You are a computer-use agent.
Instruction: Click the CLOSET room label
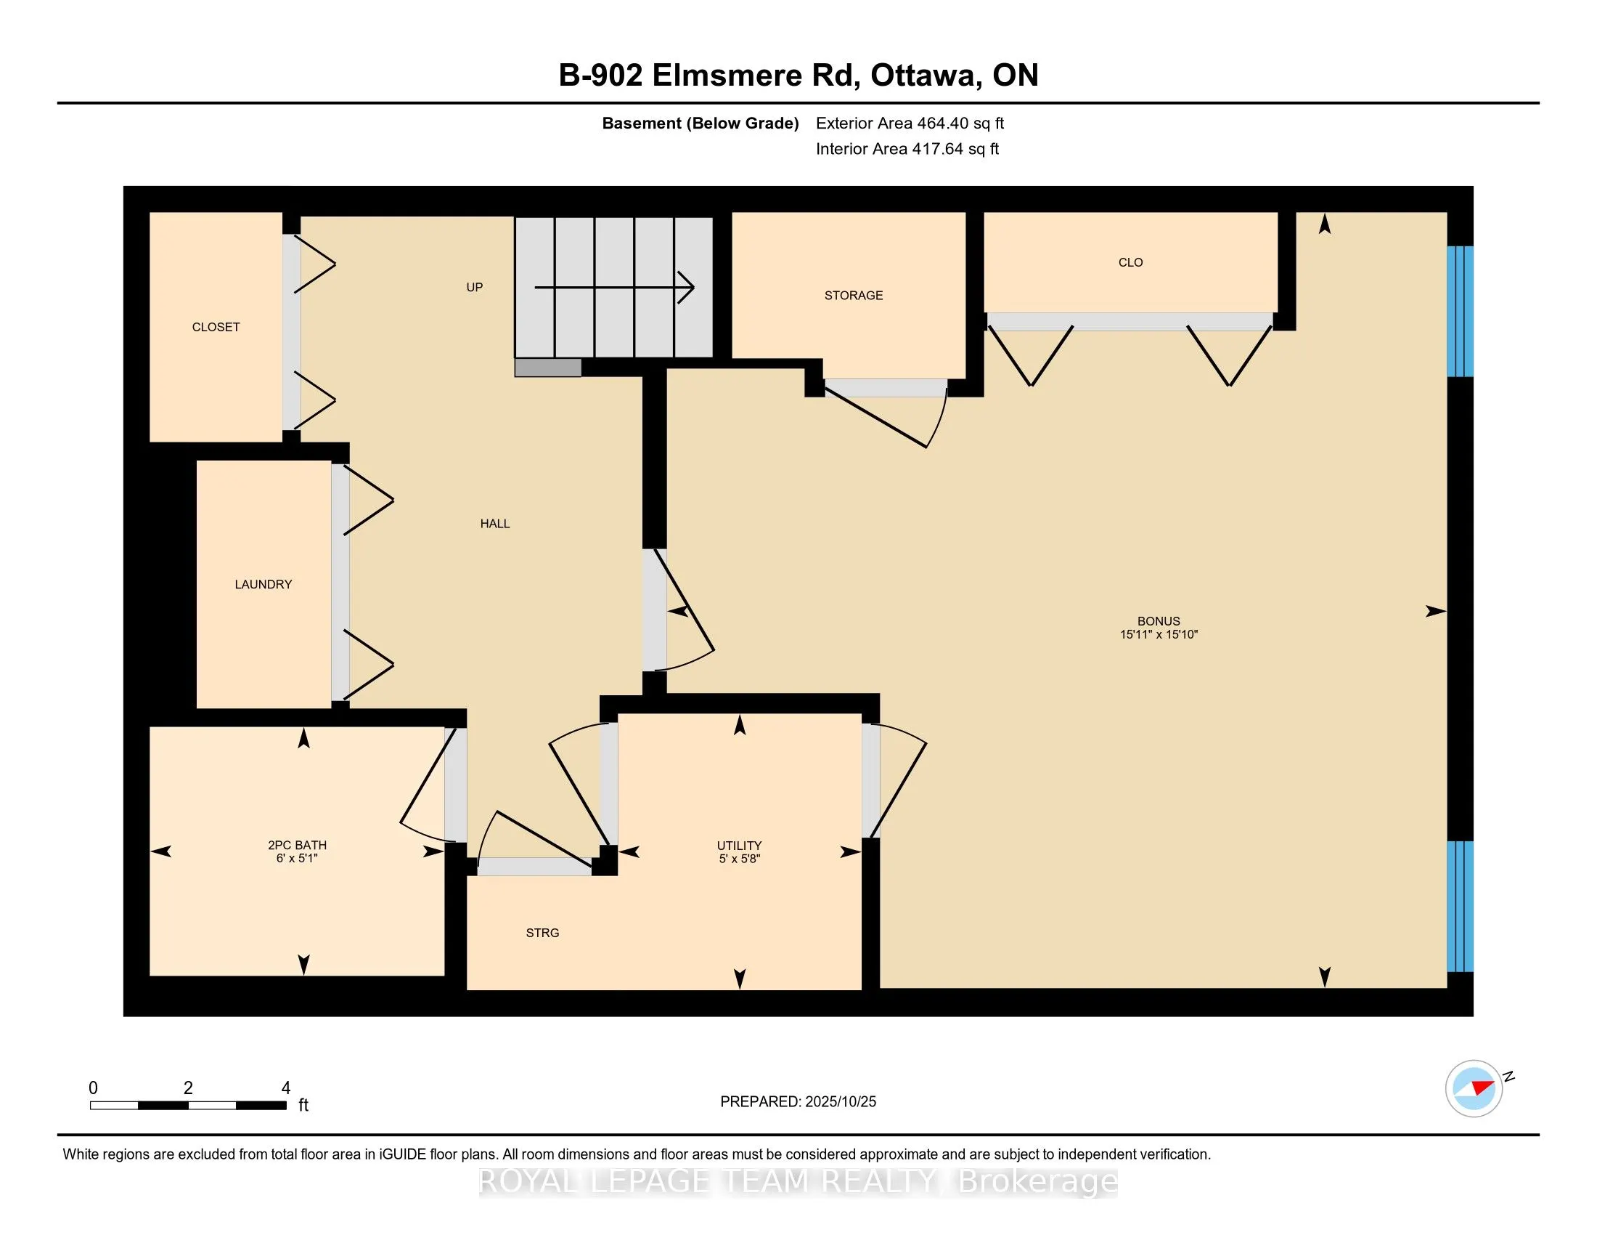pyautogui.click(x=216, y=327)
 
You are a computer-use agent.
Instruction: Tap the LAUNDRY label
pyautogui.click(x=264, y=584)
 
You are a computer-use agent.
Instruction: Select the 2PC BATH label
pyautogui.click(x=297, y=845)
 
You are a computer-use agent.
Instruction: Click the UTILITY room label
pyautogui.click(x=739, y=845)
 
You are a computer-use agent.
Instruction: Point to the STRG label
pyautogui.click(x=542, y=933)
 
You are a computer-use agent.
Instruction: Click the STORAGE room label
pyautogui.click(x=854, y=296)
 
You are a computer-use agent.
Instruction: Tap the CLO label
pyautogui.click(x=1130, y=263)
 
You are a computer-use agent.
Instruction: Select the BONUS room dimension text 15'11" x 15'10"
pyautogui.click(x=1159, y=634)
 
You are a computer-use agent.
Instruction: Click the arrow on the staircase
pyautogui.click(x=614, y=287)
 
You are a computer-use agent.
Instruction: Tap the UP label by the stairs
pyautogui.click(x=475, y=288)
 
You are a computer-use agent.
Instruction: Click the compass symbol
pyautogui.click(x=1474, y=1088)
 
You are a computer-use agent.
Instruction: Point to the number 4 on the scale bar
pyautogui.click(x=286, y=1088)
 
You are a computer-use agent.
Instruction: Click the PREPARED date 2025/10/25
pyautogui.click(x=839, y=1102)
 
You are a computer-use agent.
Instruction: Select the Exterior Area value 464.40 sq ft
pyautogui.click(x=961, y=123)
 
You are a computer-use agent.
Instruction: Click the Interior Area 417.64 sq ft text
pyautogui.click(x=907, y=149)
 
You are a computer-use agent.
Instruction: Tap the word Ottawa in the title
pyautogui.click(x=923, y=76)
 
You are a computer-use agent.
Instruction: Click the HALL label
pyautogui.click(x=495, y=524)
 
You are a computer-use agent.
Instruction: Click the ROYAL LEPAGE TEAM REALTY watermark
pyautogui.click(x=798, y=1181)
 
